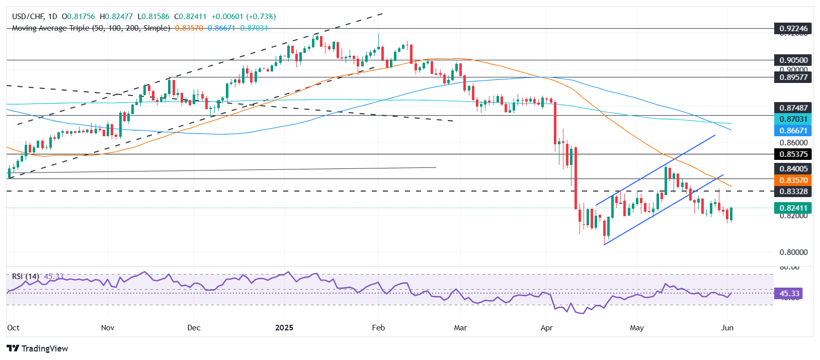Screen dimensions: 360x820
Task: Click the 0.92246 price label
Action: point(793,28)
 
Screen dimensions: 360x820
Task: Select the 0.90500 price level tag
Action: point(793,60)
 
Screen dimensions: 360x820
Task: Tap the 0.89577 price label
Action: point(793,77)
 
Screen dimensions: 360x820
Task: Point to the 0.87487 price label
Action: point(793,108)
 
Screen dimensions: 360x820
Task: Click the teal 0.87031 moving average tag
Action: point(793,119)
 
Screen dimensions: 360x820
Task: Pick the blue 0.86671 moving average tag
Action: point(793,130)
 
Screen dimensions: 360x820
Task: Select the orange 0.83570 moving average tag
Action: point(793,180)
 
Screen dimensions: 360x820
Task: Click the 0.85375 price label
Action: point(793,154)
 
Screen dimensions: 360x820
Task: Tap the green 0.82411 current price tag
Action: point(793,208)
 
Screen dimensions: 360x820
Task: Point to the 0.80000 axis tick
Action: point(793,252)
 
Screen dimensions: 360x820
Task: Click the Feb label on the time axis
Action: point(378,327)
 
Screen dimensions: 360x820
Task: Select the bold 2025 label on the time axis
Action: point(284,327)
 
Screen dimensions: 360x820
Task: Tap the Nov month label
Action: point(108,327)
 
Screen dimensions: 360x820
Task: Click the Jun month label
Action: point(727,327)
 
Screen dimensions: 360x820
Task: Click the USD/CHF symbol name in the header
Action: point(28,17)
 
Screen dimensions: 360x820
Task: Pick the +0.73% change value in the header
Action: point(261,17)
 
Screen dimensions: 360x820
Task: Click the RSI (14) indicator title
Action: point(26,277)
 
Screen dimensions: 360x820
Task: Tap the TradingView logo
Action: point(38,348)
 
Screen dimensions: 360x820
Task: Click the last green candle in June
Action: point(731,214)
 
